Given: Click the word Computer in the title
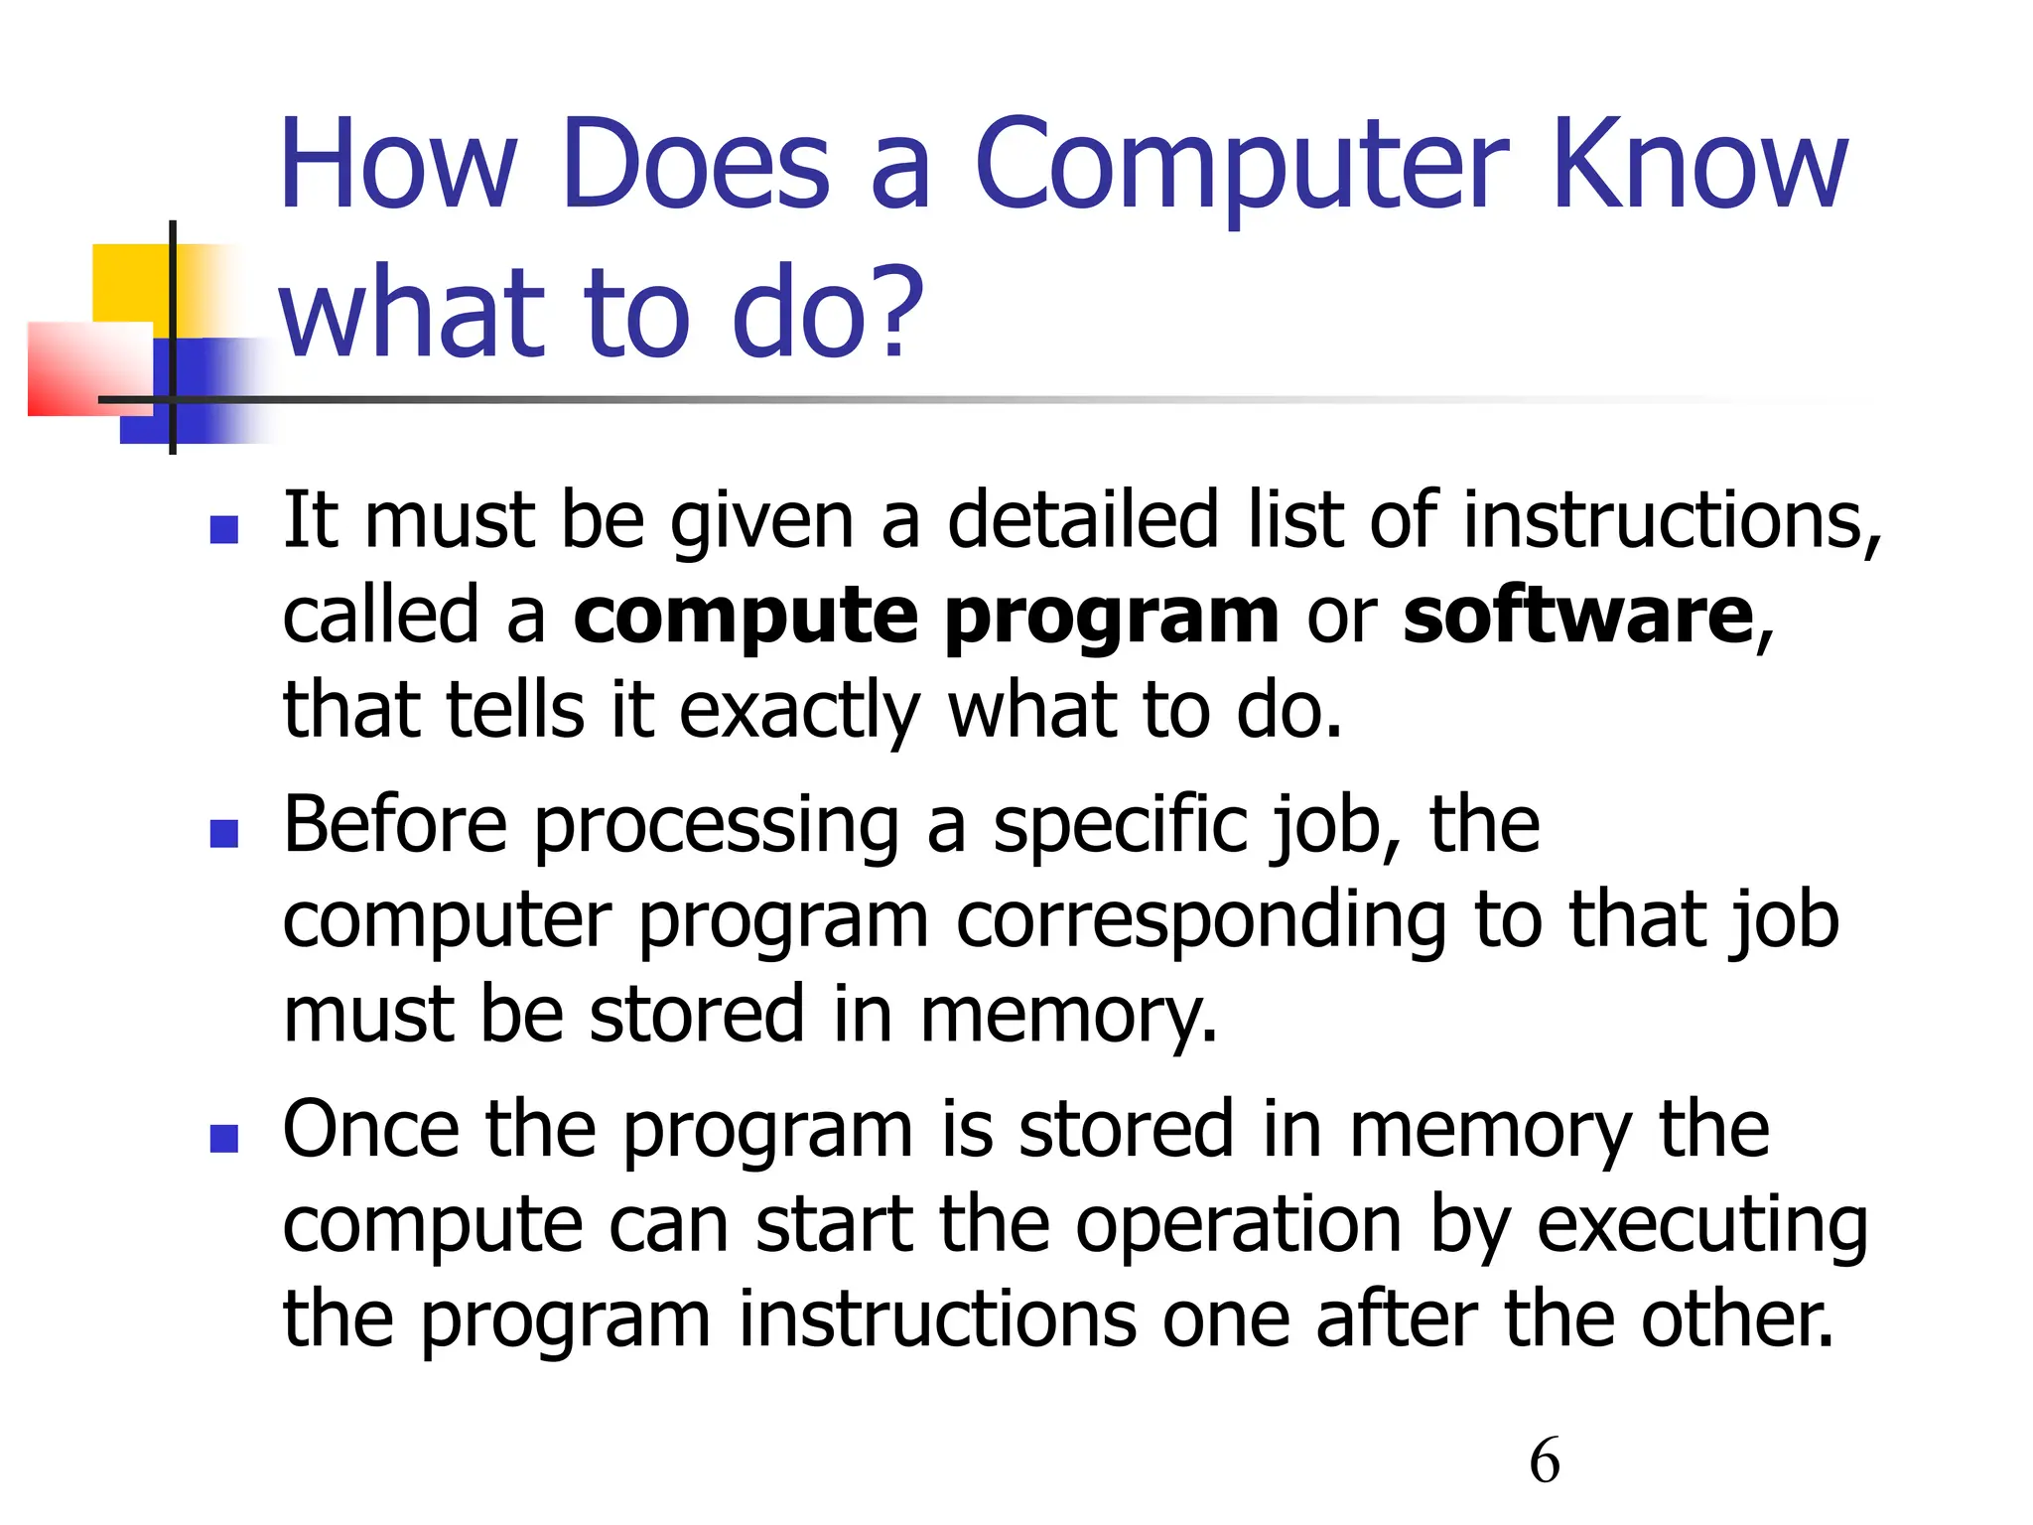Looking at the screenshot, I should click(x=1242, y=167).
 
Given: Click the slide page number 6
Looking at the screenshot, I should click(x=1545, y=1461).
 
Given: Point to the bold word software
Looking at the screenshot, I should click(x=1577, y=616).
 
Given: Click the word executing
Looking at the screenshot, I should click(x=1702, y=1227).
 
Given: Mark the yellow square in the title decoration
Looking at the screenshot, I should click(x=129, y=282).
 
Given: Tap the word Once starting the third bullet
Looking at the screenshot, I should click(x=371, y=1130).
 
